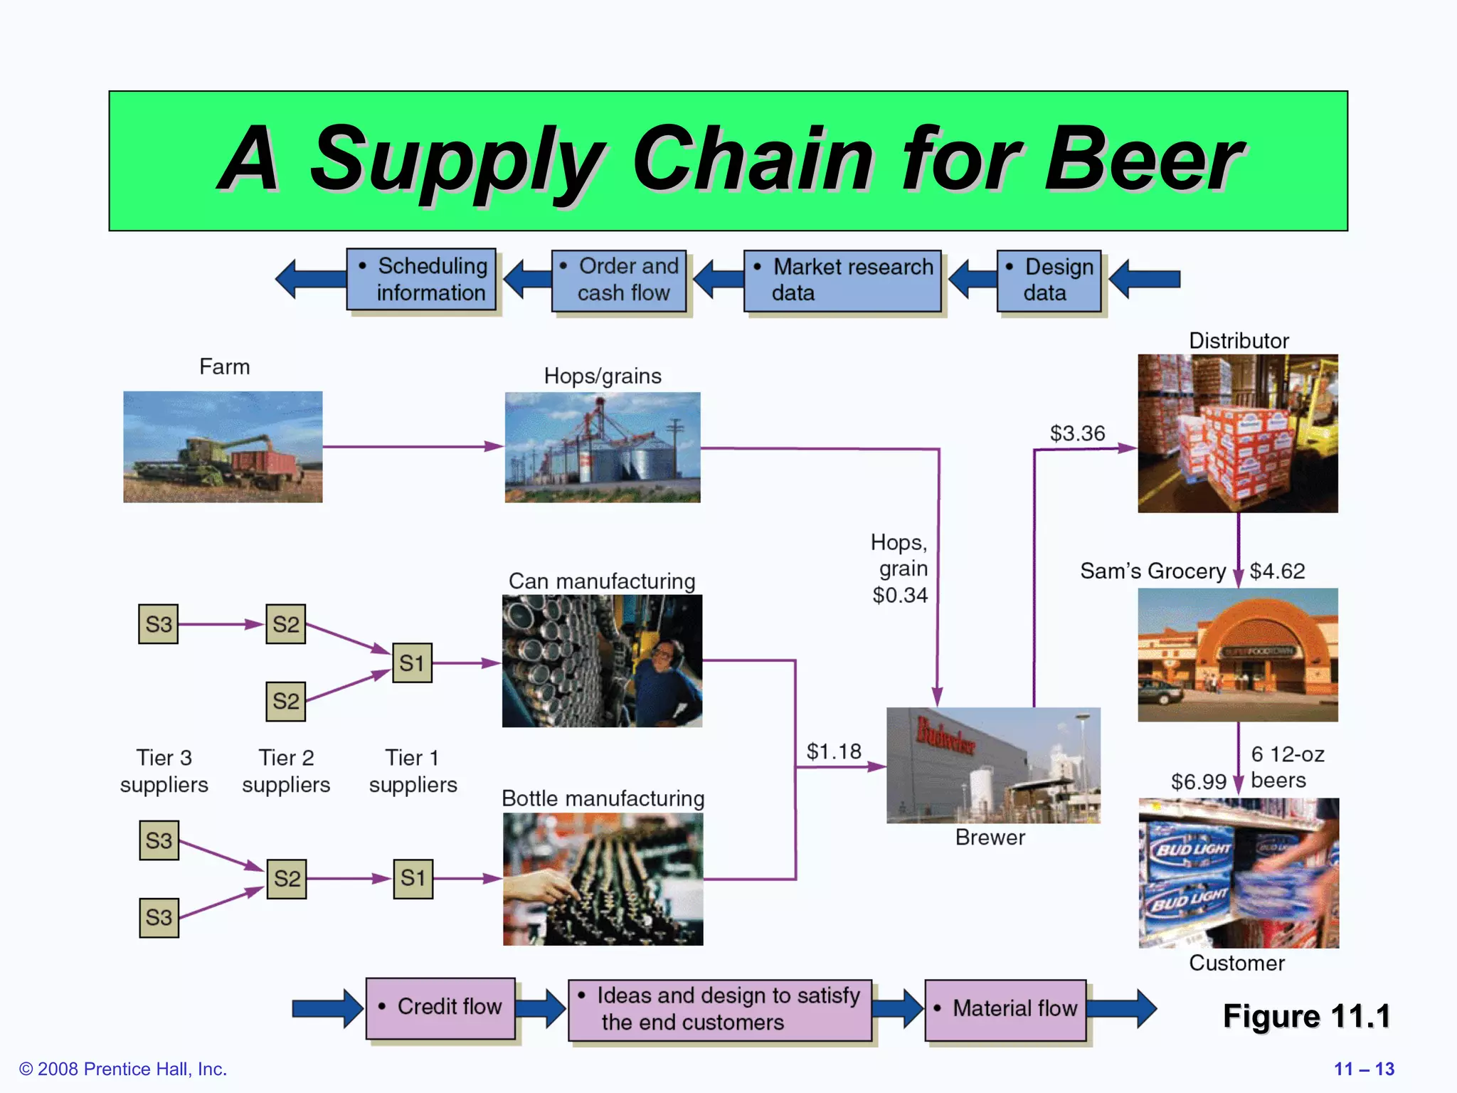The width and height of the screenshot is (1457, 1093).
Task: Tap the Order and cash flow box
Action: [619, 280]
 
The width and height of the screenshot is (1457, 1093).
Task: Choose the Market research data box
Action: [842, 280]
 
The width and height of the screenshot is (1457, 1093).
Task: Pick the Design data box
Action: [1049, 280]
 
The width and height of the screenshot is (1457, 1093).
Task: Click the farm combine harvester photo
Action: [223, 447]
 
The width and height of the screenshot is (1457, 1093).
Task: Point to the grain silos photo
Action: [602, 447]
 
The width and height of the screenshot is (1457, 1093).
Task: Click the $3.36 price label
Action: [1077, 433]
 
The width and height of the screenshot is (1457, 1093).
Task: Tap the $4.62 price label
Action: [1277, 571]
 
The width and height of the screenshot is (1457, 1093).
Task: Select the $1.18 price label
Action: [833, 751]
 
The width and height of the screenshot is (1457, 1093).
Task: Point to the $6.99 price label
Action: [1198, 782]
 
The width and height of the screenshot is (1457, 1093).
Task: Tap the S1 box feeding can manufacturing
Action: [412, 663]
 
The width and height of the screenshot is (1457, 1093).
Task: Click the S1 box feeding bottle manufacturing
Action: [413, 878]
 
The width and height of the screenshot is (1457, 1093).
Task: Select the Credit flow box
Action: [440, 1008]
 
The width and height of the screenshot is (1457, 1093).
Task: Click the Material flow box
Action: [1005, 1009]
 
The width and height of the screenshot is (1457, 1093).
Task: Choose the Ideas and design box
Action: [719, 1009]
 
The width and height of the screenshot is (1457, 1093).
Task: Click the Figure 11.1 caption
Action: [1306, 1016]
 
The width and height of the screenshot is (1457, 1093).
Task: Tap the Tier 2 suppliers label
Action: [286, 771]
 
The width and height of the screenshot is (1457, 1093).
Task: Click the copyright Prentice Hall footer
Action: [123, 1069]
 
